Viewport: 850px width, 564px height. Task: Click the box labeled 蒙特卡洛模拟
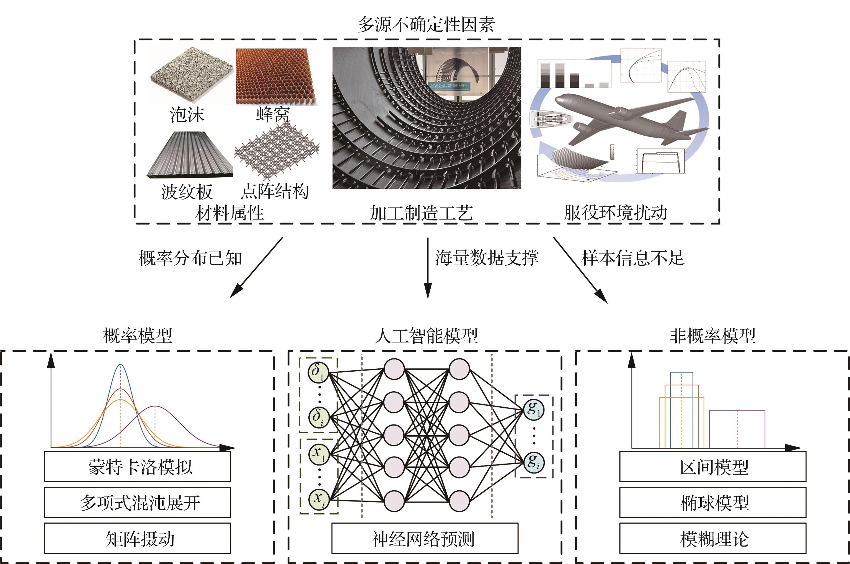coord(137,467)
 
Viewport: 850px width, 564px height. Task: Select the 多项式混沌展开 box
coord(137,503)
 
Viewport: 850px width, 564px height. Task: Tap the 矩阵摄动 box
coord(137,539)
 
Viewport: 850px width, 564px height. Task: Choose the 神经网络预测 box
coord(425,539)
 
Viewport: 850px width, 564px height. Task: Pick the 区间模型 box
coord(713,467)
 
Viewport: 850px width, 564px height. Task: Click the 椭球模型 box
coord(713,503)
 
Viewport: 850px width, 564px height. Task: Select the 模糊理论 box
coord(713,539)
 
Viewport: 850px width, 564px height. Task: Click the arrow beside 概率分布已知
coord(256,268)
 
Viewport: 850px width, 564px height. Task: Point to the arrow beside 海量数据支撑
coord(428,268)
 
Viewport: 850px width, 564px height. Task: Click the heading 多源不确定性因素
coord(426,24)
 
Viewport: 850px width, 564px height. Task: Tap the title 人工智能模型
coord(426,336)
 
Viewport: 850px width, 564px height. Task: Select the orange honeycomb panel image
coord(276,77)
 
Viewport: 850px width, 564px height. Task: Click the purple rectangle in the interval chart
coord(737,429)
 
